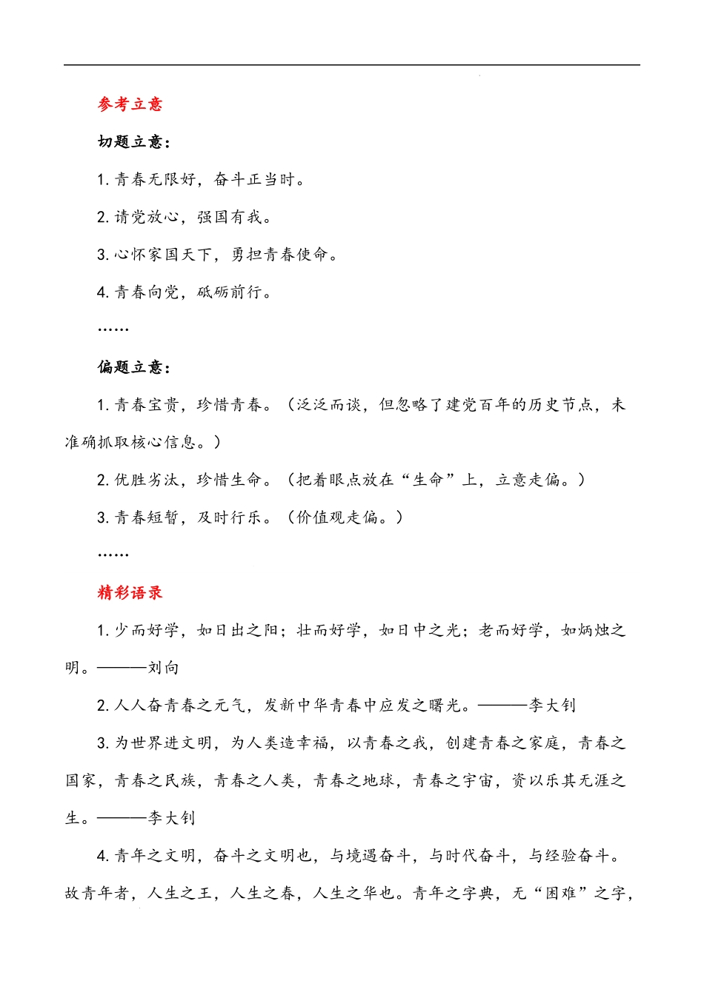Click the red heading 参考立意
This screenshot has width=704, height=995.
(130, 104)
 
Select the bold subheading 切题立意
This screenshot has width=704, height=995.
(131, 142)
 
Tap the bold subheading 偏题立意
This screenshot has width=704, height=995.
(131, 367)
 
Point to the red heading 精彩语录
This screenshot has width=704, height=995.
(130, 592)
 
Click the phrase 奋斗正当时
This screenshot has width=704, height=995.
(255, 179)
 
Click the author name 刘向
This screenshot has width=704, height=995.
(164, 668)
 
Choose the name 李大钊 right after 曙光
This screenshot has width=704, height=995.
(552, 706)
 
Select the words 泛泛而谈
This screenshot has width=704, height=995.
(329, 405)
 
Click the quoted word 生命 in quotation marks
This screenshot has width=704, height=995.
(429, 480)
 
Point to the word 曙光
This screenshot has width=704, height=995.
(445, 706)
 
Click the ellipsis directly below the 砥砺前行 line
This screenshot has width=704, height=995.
(113, 329)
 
